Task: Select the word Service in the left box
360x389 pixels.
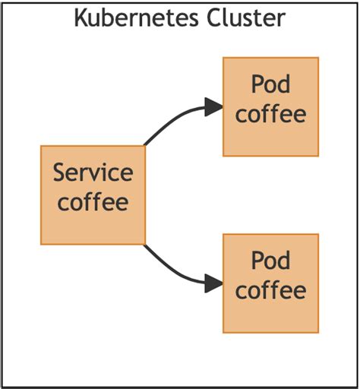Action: pyautogui.click(x=93, y=173)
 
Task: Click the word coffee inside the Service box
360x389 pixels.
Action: pyautogui.click(x=93, y=202)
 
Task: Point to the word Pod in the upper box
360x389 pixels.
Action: pyautogui.click(x=270, y=84)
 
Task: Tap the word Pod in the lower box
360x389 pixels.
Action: pyautogui.click(x=270, y=261)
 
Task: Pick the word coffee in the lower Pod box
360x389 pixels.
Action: pyautogui.click(x=270, y=290)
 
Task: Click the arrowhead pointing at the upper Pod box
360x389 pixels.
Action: pyautogui.click(x=214, y=107)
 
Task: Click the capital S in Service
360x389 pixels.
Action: pyautogui.click(x=60, y=173)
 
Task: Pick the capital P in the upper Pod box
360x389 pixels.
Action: pyautogui.click(x=257, y=84)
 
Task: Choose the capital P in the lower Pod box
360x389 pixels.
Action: pyautogui.click(x=257, y=261)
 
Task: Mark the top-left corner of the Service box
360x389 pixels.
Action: pyautogui.click(x=41, y=146)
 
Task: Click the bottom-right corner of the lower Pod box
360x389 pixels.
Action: pyautogui.click(x=318, y=333)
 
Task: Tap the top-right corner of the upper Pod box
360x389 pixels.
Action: pyautogui.click(x=318, y=57)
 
